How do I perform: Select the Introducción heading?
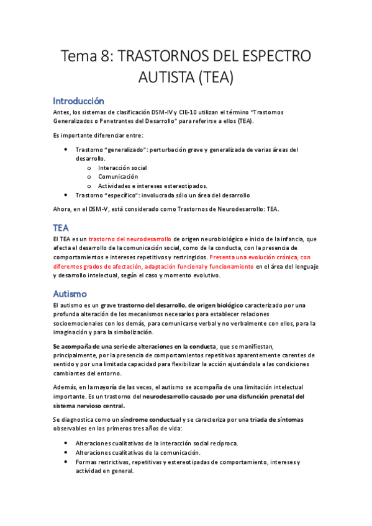point(78,100)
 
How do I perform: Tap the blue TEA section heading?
point(61,228)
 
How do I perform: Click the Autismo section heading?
point(70,293)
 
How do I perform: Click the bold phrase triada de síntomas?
point(276,419)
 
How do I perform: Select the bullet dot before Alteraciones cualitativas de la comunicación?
point(66,452)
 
